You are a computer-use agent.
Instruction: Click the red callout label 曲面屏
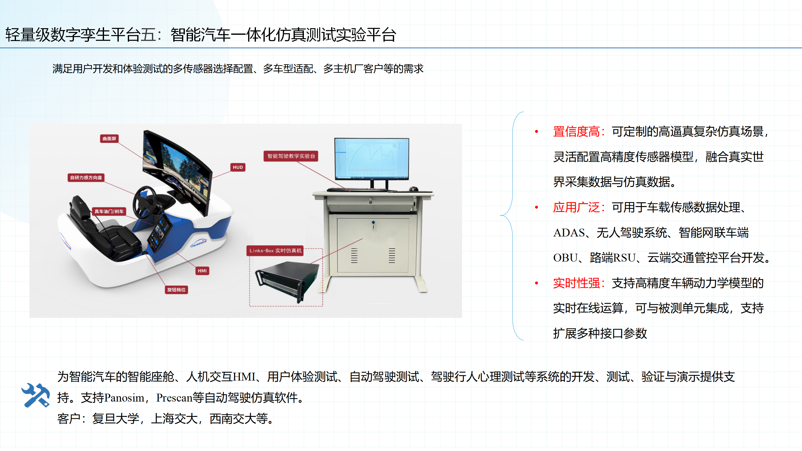point(109,138)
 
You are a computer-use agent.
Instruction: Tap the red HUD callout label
point(238,167)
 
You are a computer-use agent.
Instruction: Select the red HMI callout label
point(202,271)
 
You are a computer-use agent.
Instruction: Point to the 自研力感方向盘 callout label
point(86,178)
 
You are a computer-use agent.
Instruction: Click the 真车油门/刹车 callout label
point(109,211)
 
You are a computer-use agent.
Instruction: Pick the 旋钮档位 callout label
point(176,290)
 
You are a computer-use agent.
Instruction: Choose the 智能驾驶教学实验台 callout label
point(291,156)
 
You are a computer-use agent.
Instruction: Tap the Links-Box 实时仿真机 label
point(275,251)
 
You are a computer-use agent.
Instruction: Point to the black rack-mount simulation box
point(287,280)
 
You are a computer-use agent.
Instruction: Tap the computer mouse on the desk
point(414,189)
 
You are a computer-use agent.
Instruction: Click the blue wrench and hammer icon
point(35,395)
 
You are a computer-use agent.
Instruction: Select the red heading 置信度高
point(576,132)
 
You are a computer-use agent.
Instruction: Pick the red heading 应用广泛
point(576,207)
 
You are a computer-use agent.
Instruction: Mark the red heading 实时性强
point(576,283)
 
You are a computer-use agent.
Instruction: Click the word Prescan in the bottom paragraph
point(174,398)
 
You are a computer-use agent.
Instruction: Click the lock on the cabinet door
point(373,223)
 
